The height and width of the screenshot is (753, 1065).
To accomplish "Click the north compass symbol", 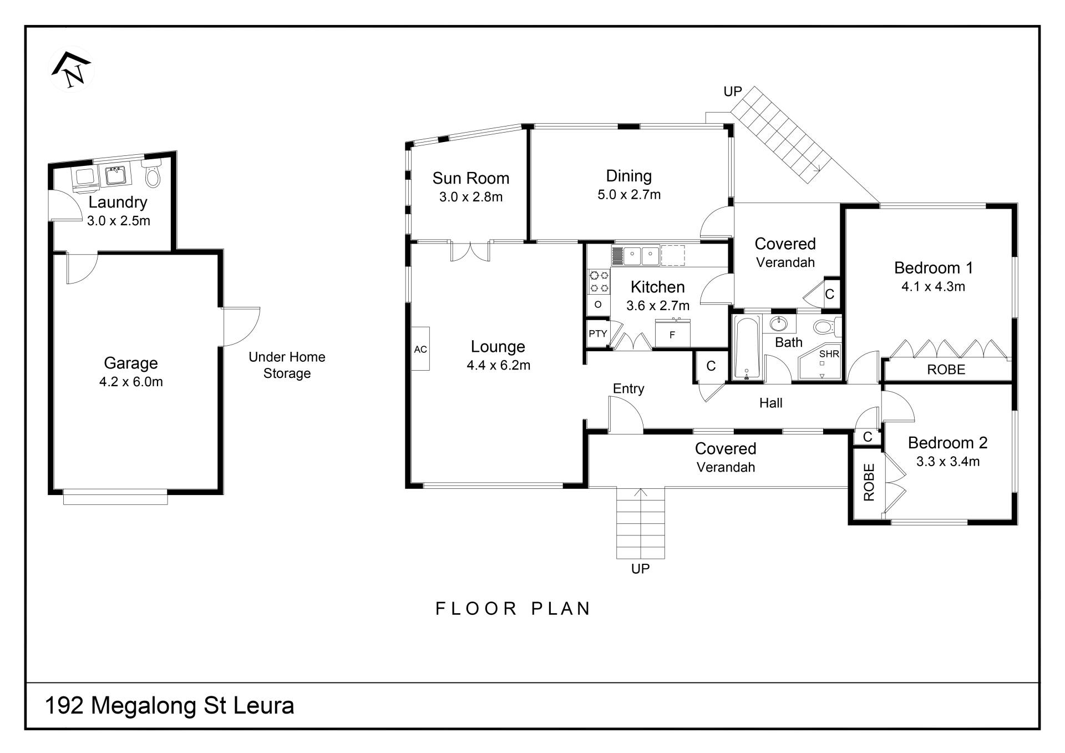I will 72,70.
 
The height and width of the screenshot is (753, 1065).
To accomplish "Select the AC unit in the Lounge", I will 420,349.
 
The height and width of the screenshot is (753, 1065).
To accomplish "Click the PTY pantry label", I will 597,333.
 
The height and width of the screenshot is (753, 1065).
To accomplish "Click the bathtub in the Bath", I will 747,348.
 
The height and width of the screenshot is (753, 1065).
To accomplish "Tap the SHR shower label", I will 829,353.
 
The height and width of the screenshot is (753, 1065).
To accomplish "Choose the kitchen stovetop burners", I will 599,281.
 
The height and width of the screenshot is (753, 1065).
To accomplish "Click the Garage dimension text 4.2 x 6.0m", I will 131,382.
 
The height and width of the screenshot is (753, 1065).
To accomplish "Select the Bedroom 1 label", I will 934,268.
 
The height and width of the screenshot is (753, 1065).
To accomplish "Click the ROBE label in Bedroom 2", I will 869,482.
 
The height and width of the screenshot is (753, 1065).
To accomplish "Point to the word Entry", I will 628,388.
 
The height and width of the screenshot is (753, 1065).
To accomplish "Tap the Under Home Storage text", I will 287,365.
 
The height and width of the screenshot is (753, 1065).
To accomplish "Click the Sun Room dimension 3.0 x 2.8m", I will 471,197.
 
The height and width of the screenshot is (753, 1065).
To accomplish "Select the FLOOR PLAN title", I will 514,609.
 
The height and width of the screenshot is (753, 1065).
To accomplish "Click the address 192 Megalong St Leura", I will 169,706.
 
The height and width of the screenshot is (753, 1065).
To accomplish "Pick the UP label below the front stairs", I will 640,569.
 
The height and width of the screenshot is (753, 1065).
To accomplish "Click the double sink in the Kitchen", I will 641,256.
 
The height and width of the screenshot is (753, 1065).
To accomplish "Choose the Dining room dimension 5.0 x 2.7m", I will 629,195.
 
